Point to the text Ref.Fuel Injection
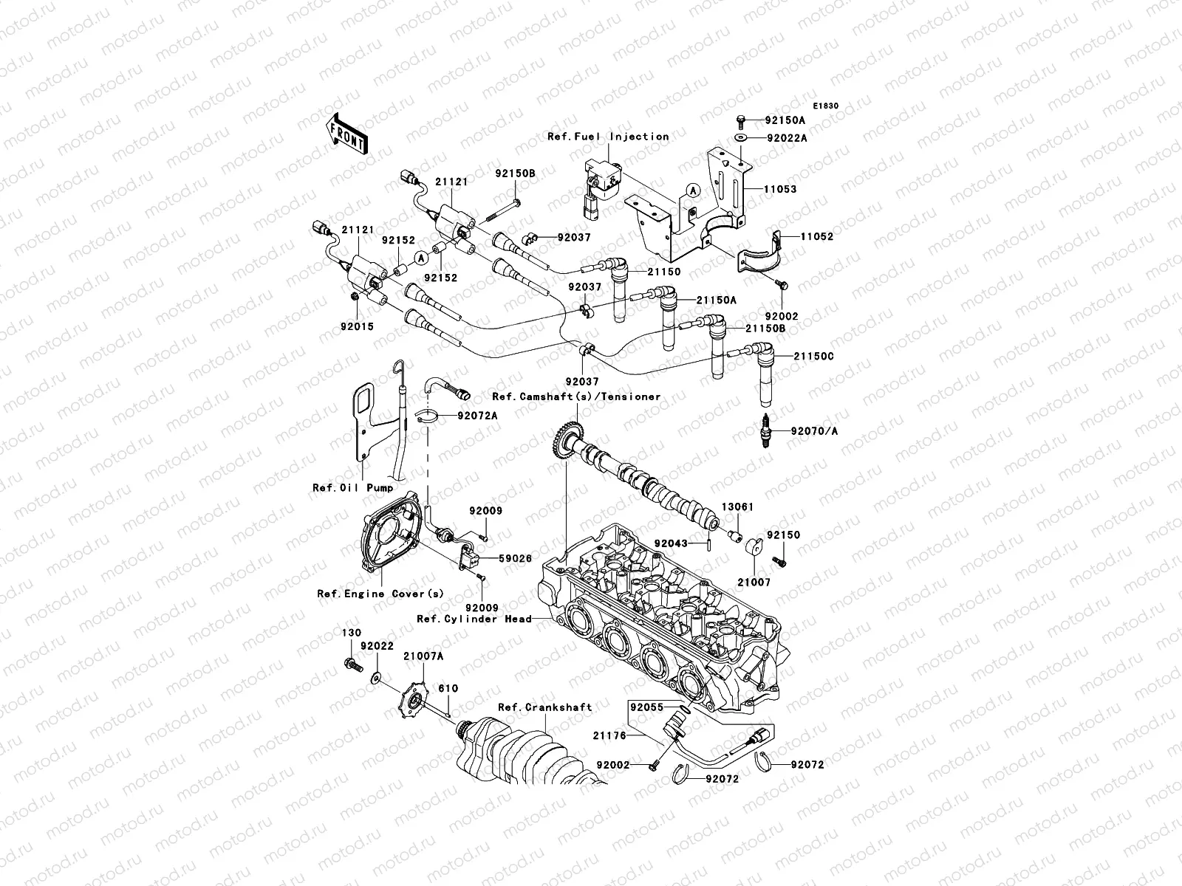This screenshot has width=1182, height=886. [618, 137]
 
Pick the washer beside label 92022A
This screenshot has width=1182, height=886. [741, 138]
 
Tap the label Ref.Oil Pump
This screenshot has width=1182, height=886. [352, 487]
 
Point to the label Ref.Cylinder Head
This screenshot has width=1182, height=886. [474, 619]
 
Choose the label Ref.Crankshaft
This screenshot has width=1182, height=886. [544, 707]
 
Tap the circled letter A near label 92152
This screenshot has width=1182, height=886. [420, 258]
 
